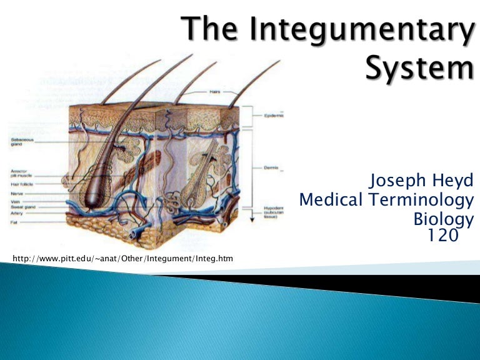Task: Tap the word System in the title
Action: (x=419, y=67)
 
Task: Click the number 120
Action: (x=443, y=235)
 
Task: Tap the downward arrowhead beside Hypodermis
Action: (x=252, y=207)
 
